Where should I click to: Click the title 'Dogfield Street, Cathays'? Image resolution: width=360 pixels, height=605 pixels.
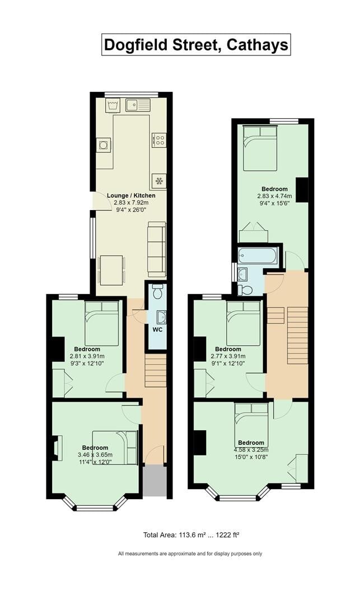click(196, 44)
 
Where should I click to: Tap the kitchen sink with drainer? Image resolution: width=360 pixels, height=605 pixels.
click(138, 104)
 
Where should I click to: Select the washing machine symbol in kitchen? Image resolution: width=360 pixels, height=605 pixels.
click(113, 105)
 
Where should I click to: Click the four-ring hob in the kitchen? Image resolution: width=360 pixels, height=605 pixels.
click(159, 139)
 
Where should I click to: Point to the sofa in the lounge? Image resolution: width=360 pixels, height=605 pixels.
click(157, 248)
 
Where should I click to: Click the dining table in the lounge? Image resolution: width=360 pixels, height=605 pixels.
click(111, 269)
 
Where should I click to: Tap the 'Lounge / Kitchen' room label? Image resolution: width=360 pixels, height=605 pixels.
click(131, 196)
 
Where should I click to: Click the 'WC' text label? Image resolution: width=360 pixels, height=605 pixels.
click(158, 329)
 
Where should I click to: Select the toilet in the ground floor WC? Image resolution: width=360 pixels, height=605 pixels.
click(157, 292)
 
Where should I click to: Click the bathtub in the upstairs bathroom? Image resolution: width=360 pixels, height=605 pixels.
click(257, 256)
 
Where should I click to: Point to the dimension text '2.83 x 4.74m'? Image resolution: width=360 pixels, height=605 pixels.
click(274, 196)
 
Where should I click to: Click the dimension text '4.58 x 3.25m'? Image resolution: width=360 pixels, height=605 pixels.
click(251, 449)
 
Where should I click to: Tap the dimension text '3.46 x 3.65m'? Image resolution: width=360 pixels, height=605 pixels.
click(95, 455)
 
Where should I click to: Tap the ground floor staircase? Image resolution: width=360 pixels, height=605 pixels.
click(155, 370)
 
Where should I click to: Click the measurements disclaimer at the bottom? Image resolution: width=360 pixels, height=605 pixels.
click(190, 553)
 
